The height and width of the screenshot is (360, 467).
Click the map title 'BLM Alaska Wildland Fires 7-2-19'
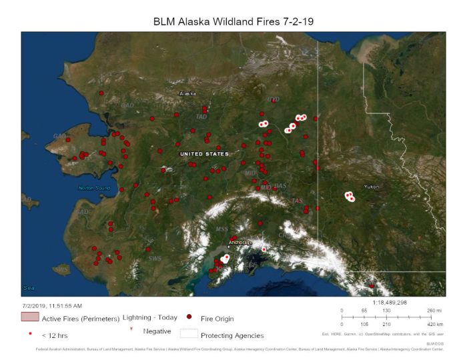(x=233, y=21)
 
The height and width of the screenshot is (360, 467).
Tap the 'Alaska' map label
(x=187, y=94)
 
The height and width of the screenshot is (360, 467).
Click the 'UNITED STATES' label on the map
(x=204, y=154)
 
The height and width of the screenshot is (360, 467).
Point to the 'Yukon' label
(x=372, y=187)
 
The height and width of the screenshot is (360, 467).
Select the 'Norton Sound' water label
(x=93, y=188)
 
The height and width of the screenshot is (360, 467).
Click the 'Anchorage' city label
(x=241, y=243)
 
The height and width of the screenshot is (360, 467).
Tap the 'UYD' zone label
(x=274, y=100)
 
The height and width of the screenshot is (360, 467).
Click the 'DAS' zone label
(x=280, y=186)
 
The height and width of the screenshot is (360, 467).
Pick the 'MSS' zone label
(x=221, y=229)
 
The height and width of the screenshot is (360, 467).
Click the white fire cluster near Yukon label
(x=350, y=197)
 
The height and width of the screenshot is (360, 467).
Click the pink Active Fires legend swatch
(x=30, y=317)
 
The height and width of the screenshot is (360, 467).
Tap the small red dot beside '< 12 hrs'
(x=30, y=333)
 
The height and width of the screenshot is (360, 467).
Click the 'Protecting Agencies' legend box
(x=189, y=334)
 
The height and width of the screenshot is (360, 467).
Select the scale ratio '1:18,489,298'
(x=390, y=303)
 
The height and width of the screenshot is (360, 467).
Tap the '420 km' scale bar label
(x=434, y=324)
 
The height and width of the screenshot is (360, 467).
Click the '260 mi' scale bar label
(x=434, y=311)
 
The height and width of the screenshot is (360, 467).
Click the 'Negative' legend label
(x=157, y=331)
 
